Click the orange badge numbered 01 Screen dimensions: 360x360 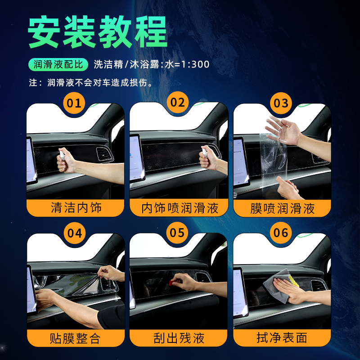point(74,103)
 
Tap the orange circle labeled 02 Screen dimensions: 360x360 point(178,102)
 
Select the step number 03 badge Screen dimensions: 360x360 point(281,103)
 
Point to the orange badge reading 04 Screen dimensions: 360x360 point(75,233)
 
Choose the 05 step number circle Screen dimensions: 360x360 point(177,233)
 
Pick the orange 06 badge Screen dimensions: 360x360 point(281,233)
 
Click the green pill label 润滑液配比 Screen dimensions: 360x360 point(58,64)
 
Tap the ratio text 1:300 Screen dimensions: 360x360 point(195,64)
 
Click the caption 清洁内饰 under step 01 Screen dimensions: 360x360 point(76,208)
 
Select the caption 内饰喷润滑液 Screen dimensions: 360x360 point(180,208)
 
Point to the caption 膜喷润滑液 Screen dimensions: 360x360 point(282,208)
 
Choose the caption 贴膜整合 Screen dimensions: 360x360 point(75,338)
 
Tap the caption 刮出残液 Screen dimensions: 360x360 point(179,338)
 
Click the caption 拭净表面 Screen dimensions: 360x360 point(282,338)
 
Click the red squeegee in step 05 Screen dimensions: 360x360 point(172,283)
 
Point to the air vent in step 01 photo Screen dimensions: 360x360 point(105,154)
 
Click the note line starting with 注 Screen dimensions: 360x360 point(91,83)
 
